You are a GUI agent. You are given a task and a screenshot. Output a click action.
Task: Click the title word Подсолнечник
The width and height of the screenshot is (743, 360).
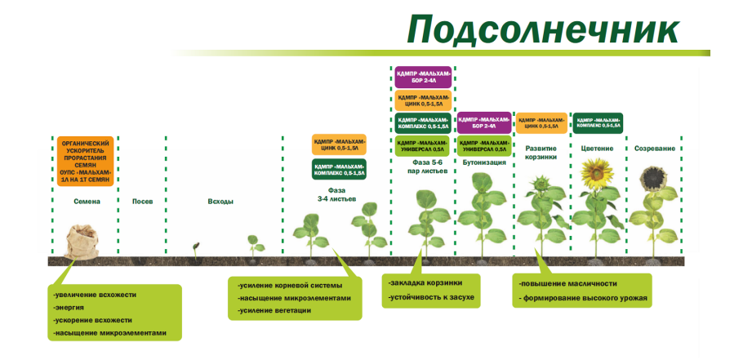[x=543, y=30]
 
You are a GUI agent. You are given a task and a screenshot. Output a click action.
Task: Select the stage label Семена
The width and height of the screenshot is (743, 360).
[x=87, y=201]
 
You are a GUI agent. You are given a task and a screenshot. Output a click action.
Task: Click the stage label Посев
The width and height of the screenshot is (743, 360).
[x=143, y=201]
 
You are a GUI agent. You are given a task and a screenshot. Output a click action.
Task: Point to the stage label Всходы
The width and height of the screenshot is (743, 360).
[x=221, y=201]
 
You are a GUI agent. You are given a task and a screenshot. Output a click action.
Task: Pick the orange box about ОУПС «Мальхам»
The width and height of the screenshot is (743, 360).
[x=86, y=162]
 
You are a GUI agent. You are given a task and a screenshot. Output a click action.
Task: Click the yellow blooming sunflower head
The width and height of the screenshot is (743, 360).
[x=597, y=172]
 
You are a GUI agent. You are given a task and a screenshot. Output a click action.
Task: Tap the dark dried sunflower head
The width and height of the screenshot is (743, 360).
[x=654, y=177]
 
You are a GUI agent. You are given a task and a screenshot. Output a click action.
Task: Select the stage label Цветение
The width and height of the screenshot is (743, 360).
[x=597, y=149]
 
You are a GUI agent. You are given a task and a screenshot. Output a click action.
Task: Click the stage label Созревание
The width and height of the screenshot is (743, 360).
[x=655, y=149]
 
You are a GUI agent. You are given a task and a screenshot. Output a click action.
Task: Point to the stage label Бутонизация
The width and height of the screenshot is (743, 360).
[x=484, y=162]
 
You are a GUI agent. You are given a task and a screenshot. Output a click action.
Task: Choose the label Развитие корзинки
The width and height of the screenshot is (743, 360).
[x=541, y=152]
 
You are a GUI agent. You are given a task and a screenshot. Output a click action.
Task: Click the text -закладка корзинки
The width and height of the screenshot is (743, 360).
[x=425, y=282]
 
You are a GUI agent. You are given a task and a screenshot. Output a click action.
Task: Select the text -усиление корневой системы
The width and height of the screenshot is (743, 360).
[x=290, y=285]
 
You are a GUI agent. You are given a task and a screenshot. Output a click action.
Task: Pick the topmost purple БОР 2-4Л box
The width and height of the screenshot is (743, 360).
[x=423, y=78]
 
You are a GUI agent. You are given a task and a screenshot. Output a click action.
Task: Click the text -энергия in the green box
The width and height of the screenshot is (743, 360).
[x=71, y=307]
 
